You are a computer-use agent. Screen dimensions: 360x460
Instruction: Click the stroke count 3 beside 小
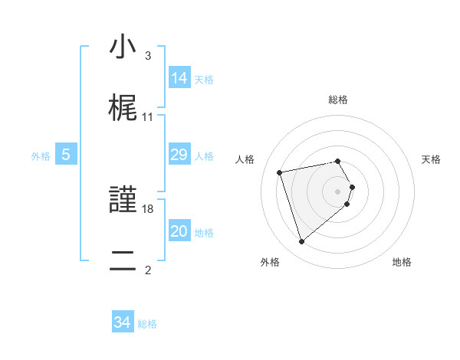click(147, 56)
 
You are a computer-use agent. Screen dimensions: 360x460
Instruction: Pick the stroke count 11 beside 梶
click(148, 117)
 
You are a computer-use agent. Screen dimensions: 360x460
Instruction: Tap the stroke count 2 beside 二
click(147, 270)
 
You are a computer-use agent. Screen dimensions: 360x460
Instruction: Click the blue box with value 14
click(179, 78)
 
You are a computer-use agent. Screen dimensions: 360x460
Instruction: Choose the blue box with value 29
click(179, 155)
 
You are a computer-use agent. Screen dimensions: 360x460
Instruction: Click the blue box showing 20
click(179, 231)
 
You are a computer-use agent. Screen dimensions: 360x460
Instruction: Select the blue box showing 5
click(66, 155)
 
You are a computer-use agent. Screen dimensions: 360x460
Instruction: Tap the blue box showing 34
click(123, 323)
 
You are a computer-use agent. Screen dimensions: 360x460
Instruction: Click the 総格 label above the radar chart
click(338, 100)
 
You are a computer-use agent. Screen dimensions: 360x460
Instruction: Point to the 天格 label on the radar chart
click(432, 159)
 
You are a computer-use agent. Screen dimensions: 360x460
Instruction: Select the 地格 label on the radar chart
click(402, 262)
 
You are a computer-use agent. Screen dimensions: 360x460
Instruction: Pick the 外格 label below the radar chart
click(270, 262)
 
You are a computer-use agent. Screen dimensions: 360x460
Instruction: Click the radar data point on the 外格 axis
click(301, 242)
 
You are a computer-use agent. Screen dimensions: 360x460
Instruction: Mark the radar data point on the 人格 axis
click(280, 172)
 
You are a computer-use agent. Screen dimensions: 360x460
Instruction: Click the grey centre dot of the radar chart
click(338, 191)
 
